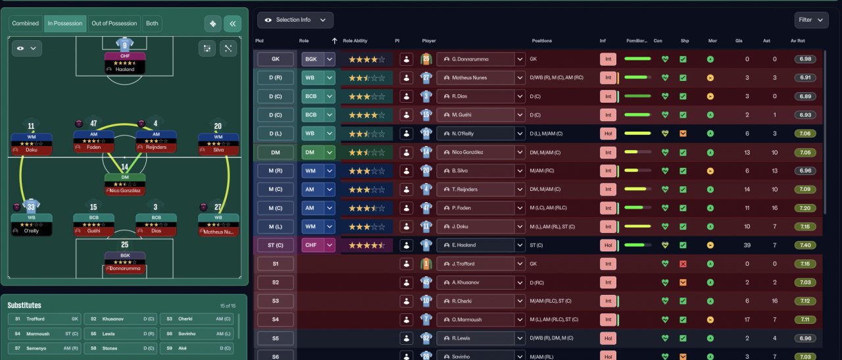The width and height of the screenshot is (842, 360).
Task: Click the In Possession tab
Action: (65, 24)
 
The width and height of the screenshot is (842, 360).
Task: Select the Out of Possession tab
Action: (114, 24)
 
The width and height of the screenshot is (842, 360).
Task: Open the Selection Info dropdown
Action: (295, 20)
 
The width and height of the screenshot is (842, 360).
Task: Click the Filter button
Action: (811, 20)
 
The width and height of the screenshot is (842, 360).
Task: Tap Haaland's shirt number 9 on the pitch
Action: (125, 45)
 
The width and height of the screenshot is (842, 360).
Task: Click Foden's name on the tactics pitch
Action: (94, 147)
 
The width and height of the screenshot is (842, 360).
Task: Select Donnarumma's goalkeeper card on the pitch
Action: (125, 261)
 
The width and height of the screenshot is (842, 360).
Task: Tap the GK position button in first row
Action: (276, 59)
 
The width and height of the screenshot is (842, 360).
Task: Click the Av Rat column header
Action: (797, 41)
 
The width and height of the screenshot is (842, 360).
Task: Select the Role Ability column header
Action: (355, 41)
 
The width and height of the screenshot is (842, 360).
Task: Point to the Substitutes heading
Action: (24, 305)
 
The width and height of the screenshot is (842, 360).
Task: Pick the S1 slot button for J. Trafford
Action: (276, 264)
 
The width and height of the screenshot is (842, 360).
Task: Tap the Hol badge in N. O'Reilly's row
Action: (608, 134)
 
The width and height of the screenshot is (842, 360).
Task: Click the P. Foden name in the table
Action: (464, 209)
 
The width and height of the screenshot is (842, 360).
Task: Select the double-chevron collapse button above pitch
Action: (232, 24)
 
